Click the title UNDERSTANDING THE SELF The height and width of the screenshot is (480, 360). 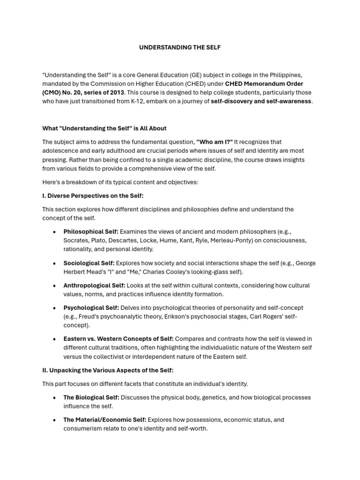pos(180,48)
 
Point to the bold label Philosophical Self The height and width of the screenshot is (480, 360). pos(91,232)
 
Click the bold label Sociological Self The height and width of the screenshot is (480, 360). pos(89,263)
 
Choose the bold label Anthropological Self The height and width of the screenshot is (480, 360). pos(94,285)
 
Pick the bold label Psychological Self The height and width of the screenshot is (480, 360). pos(91,307)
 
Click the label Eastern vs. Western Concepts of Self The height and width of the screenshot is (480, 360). pos(119,339)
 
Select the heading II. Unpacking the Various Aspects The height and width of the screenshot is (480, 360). pos(108,370)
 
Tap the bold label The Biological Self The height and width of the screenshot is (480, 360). pos(91,397)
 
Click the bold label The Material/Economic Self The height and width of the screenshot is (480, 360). pos(105,420)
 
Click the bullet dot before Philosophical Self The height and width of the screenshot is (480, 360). pos(54,232)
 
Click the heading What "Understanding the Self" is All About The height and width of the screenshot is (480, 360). pos(104,128)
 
